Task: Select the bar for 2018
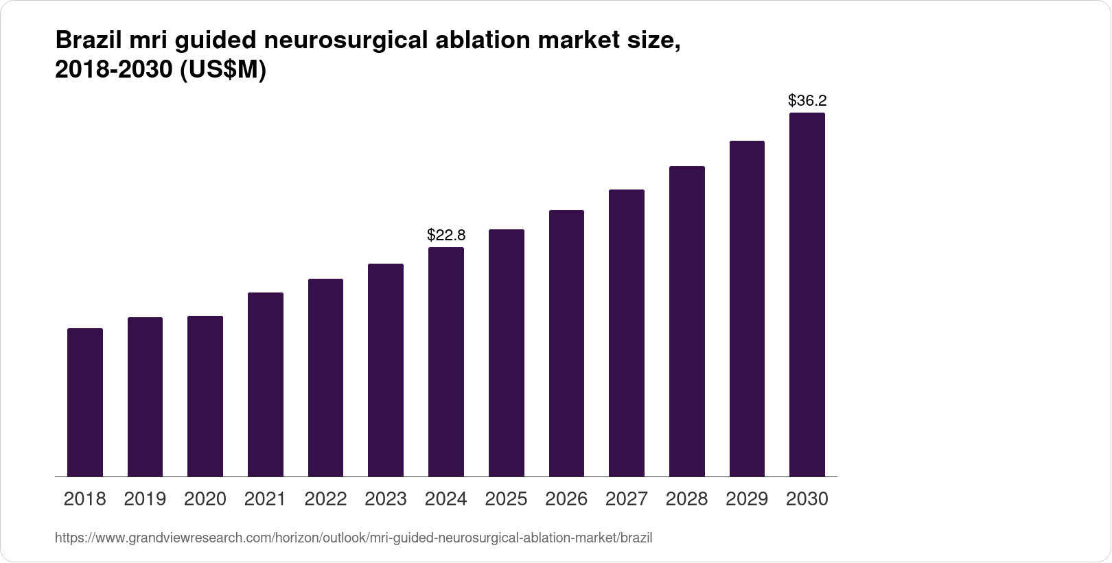[85, 402]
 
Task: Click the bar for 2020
[205, 396]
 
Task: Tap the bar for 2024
[446, 362]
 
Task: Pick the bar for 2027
[627, 333]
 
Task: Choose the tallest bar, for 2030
[807, 295]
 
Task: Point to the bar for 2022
[325, 378]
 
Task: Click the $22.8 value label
[446, 235]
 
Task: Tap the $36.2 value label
[807, 101]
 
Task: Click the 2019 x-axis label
[145, 499]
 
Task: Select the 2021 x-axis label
[265, 499]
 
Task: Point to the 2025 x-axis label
[506, 499]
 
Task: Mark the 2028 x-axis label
[686, 499]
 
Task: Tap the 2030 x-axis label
[807, 499]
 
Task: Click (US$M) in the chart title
[222, 70]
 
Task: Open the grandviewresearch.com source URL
[354, 538]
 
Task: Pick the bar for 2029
[747, 309]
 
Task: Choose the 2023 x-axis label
[386, 499]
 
